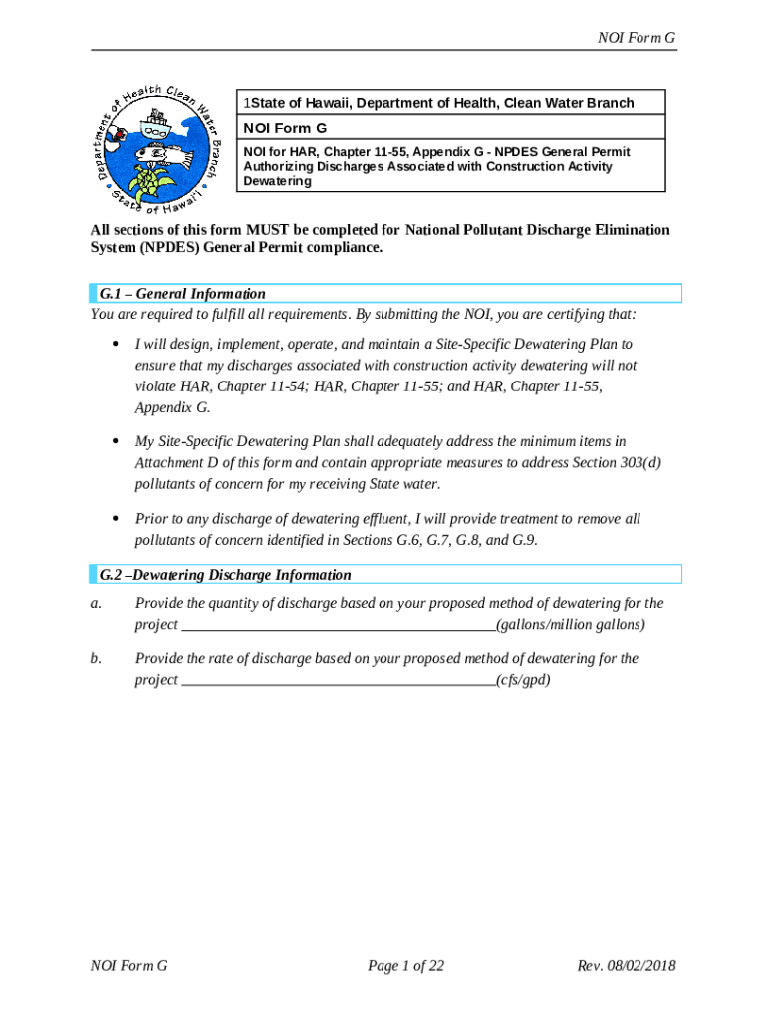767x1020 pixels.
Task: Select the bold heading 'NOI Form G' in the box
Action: [x=286, y=128]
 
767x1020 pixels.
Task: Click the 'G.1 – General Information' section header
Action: [x=182, y=294]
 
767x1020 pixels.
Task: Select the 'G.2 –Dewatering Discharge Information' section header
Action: [x=225, y=575]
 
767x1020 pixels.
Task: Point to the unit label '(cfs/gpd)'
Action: [x=523, y=680]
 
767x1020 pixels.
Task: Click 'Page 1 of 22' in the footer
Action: [x=405, y=966]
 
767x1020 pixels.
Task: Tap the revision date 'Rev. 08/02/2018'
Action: [x=627, y=966]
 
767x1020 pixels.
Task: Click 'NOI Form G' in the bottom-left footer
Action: [x=128, y=966]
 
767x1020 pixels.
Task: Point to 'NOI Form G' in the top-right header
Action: [x=637, y=38]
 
